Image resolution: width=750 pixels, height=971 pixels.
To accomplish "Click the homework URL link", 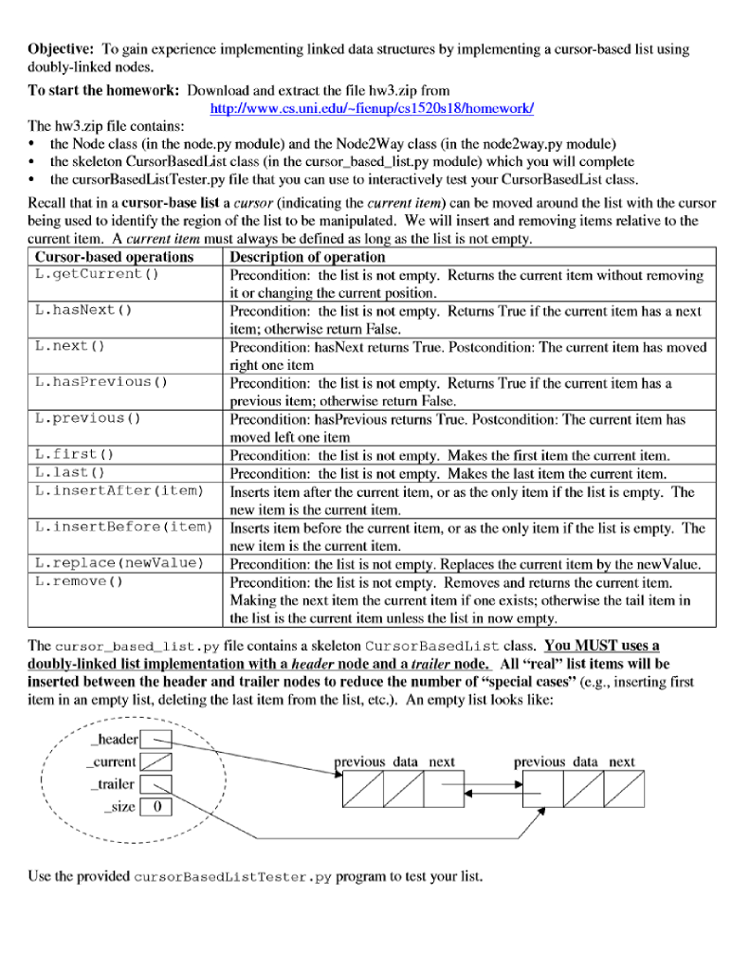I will [x=372, y=108].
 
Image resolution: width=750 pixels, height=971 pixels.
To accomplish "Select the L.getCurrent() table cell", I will [x=97, y=275].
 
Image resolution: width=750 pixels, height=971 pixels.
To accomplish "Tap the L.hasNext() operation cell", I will [x=83, y=310].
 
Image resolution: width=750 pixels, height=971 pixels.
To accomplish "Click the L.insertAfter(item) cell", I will [x=119, y=490].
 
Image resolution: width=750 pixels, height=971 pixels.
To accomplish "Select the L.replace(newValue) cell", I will [x=119, y=563].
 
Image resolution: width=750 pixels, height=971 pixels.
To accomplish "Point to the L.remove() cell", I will [x=80, y=581].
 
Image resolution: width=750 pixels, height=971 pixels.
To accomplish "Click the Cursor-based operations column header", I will [x=114, y=257].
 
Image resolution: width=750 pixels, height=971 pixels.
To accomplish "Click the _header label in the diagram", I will [x=113, y=740].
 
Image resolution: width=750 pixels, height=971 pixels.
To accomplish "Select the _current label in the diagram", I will [x=111, y=762].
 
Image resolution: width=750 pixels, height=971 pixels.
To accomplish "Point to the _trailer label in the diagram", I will [x=113, y=784].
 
